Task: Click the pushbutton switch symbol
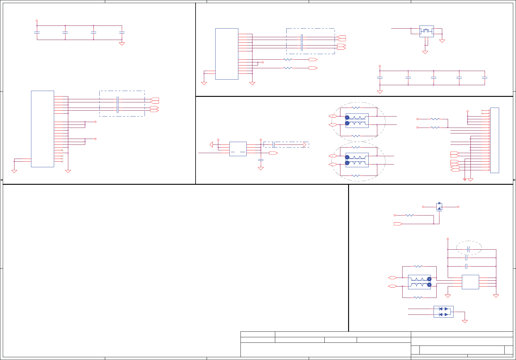tap(426, 31)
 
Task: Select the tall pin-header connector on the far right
tap(494, 140)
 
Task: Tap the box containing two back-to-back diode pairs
tap(443, 312)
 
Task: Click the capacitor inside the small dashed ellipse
tap(468, 249)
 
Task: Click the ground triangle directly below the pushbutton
tap(425, 52)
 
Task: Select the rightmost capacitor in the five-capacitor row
tap(485, 78)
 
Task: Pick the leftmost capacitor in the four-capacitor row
tap(37, 32)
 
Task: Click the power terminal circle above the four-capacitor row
tap(37, 21)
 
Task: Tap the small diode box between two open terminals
tap(439, 207)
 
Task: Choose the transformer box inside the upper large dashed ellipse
tap(357, 121)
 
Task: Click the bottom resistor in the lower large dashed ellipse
tap(356, 176)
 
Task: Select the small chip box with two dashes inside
tap(238, 149)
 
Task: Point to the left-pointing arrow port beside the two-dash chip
tap(211, 144)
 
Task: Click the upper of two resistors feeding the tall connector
tap(435, 119)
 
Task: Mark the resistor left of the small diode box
tap(410, 215)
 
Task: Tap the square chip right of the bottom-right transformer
tap(470, 282)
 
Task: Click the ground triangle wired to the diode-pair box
tap(465, 322)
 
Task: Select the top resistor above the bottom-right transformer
tap(418, 266)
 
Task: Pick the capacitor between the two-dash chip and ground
tap(261, 160)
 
